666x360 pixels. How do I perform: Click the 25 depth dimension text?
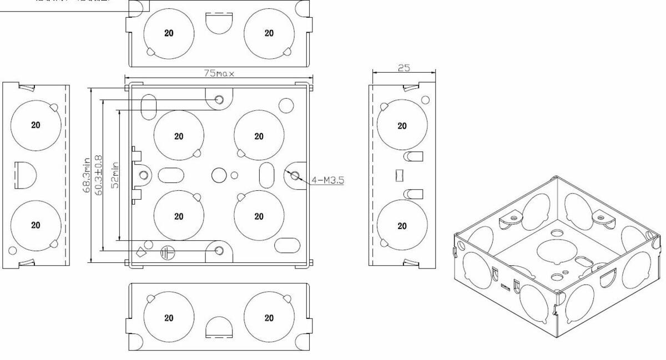[403, 67]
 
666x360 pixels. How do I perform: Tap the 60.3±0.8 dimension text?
[99, 175]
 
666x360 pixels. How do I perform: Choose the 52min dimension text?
[115, 175]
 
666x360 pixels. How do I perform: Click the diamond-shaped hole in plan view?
[140, 250]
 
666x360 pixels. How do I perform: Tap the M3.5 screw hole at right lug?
[295, 176]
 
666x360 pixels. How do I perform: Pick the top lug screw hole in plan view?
[219, 100]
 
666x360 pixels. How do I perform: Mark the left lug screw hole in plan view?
[144, 175]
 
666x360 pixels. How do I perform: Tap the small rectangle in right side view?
[397, 175]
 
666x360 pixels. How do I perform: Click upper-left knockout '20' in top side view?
[169, 33]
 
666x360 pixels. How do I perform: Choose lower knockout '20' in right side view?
[402, 226]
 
